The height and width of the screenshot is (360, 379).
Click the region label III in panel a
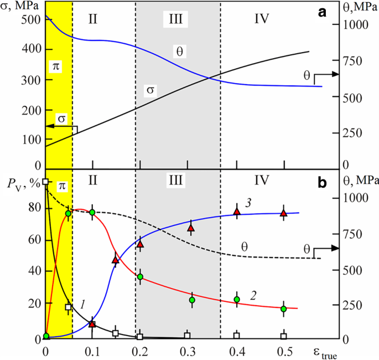point(176,18)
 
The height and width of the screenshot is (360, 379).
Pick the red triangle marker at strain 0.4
point(237,212)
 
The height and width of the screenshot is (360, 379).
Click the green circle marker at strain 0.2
point(141,276)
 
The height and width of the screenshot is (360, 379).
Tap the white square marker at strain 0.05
point(69,307)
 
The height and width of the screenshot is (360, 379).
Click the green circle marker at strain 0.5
point(284,309)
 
